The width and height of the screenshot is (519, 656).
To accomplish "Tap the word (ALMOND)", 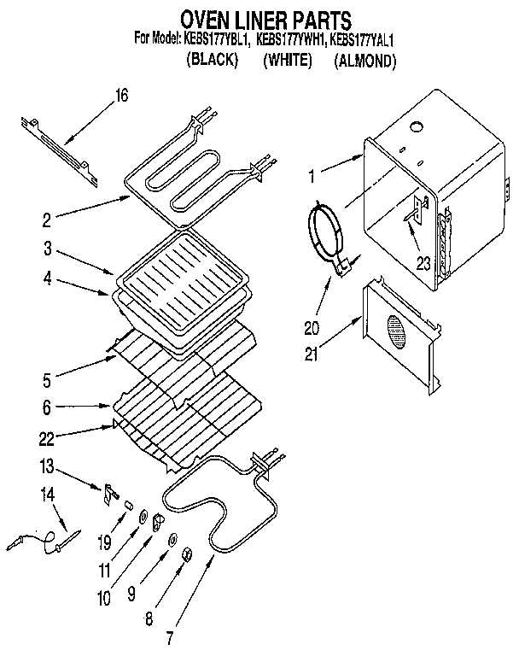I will [x=365, y=61].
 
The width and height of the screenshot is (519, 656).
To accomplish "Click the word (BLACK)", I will [x=211, y=61].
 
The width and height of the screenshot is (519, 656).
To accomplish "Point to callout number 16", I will [x=120, y=96].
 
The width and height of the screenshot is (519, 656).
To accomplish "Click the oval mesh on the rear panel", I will [x=396, y=331].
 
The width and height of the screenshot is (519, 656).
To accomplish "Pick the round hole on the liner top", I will [x=415, y=128].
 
